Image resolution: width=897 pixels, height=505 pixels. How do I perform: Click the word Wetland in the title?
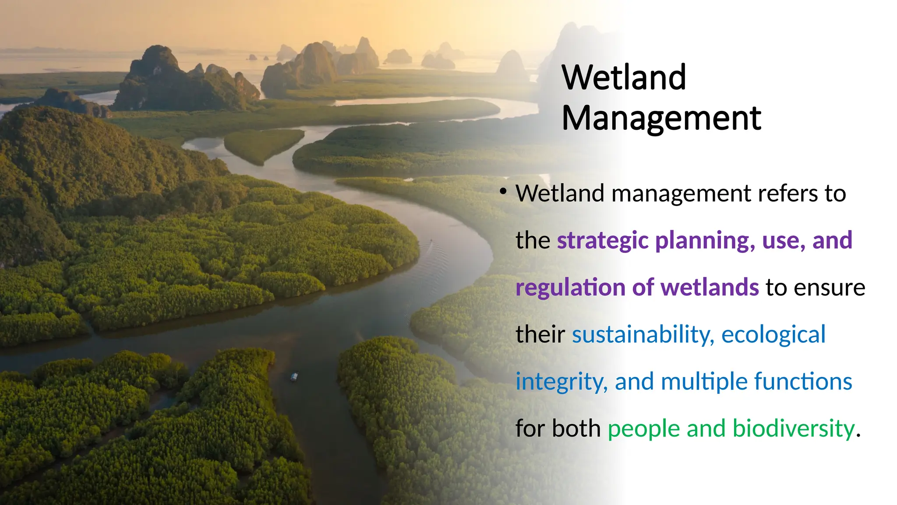click(624, 78)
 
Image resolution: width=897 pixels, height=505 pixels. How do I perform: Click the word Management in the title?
click(661, 118)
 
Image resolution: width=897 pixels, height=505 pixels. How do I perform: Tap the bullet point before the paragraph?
click(503, 192)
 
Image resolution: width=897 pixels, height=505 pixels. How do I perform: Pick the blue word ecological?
click(773, 334)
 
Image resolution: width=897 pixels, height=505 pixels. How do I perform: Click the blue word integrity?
click(561, 382)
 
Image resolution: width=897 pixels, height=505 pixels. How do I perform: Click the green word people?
click(643, 429)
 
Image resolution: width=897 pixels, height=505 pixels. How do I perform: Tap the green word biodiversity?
click(793, 429)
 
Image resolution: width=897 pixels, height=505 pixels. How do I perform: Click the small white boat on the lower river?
click(294, 376)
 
